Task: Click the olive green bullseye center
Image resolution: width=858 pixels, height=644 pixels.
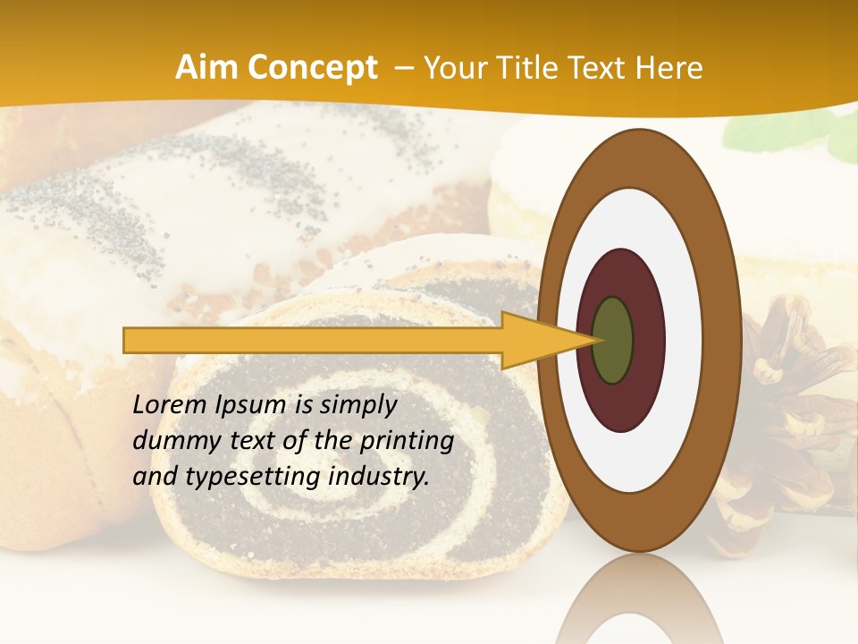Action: (x=612, y=340)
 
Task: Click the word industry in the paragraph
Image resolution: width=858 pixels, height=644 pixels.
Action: (x=379, y=477)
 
